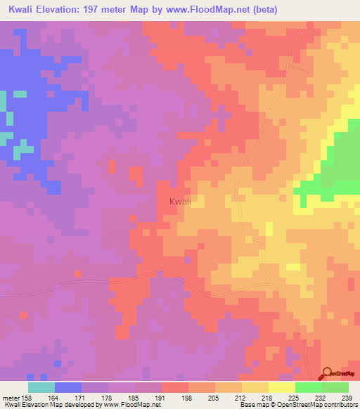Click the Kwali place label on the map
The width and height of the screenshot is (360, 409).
[x=180, y=202]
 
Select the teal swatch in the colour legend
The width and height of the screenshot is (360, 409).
[x=41, y=387]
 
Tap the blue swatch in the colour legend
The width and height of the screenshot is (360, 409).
[x=68, y=387]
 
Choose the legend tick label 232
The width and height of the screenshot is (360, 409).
[x=323, y=397]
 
